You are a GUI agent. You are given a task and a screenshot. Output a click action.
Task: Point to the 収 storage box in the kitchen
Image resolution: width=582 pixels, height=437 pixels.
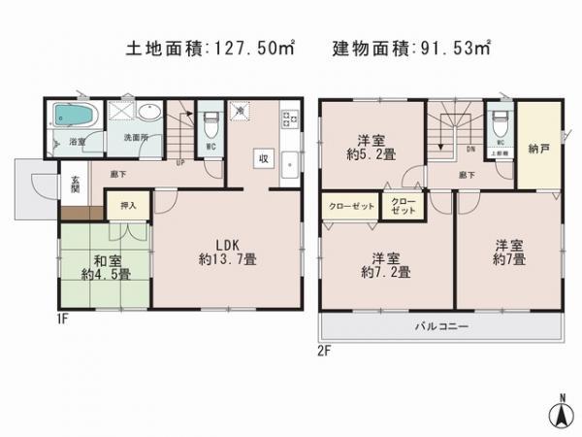coord(263,157)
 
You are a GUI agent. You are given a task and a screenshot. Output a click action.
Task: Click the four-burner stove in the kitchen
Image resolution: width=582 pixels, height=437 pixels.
coord(287,120)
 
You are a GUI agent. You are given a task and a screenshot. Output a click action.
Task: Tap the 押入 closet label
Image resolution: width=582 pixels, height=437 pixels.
coord(128,206)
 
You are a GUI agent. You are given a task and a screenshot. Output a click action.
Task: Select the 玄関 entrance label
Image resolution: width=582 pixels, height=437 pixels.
coord(74,184)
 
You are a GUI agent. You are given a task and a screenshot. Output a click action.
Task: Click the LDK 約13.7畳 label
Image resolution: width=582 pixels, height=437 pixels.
coord(230,252)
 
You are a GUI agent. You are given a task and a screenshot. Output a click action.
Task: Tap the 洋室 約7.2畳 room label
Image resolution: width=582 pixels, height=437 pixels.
coord(385,265)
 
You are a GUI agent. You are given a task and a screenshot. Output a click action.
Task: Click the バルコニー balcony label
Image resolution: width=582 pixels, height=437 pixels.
coord(442,326)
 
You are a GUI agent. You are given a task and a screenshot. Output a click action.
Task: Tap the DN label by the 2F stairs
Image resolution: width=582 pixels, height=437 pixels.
coord(470,150)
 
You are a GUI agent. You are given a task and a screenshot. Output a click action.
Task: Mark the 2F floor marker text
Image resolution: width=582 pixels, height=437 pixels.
coord(325,352)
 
